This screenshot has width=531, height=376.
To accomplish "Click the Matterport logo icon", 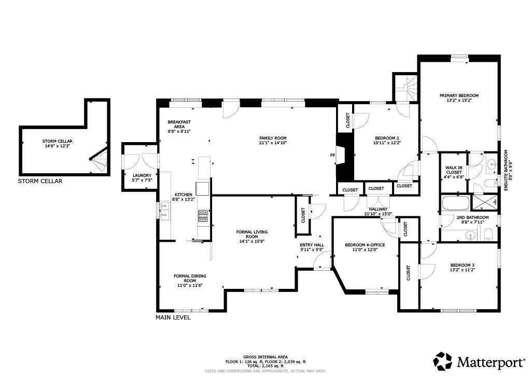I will click(x=443, y=361).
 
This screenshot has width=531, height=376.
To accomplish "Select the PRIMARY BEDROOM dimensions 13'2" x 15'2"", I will click(x=459, y=101).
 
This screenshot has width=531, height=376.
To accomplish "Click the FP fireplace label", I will click(x=332, y=155).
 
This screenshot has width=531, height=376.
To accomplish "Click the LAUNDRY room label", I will click(x=142, y=175).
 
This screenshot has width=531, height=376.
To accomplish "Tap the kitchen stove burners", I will click(x=203, y=216).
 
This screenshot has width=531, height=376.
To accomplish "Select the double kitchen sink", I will click(x=164, y=211).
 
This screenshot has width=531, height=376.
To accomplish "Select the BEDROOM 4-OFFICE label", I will click(x=365, y=245).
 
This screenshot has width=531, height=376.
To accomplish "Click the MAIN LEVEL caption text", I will click(x=173, y=317).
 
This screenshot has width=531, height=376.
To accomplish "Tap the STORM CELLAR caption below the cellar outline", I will click(x=40, y=181).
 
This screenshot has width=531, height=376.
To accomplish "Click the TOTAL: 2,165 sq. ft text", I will click(x=265, y=366).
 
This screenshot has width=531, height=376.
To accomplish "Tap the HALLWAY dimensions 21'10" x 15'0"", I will click(x=378, y=213).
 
